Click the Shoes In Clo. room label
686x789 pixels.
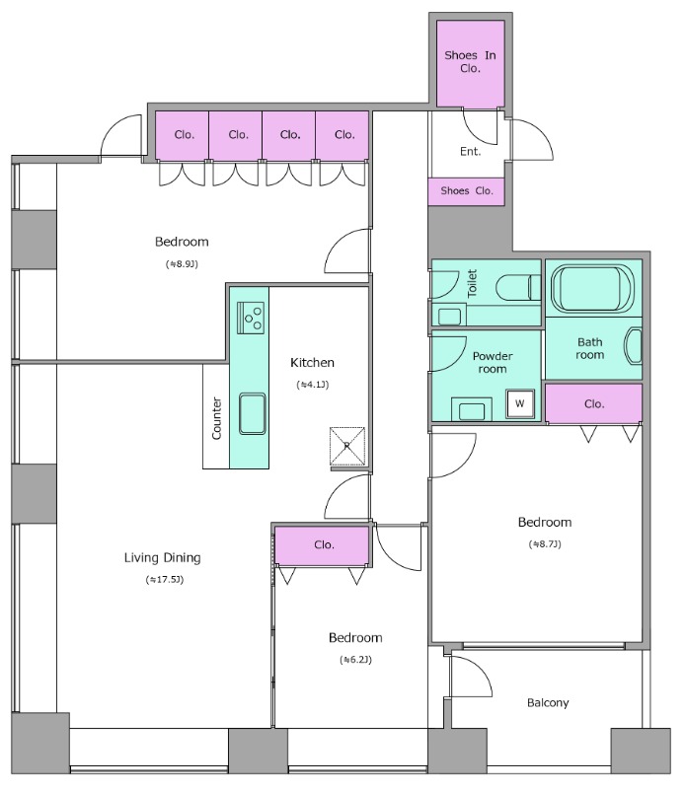(470, 61)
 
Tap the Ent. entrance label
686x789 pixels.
(470, 152)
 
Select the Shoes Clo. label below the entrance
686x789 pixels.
(467, 190)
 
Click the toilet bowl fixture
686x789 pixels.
(518, 288)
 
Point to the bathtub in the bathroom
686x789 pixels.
(593, 288)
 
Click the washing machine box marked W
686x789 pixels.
(520, 403)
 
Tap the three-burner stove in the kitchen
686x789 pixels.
(251, 318)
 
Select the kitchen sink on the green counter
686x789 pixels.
(252, 413)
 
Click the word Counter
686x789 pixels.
(216, 418)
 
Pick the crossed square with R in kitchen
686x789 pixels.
(347, 447)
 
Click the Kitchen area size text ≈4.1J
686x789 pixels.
(313, 385)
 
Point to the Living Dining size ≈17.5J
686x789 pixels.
(165, 580)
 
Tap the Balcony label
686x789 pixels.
(548, 703)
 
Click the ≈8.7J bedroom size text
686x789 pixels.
(545, 544)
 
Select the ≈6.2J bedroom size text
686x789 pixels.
(355, 660)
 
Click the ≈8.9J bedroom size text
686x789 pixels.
(182, 263)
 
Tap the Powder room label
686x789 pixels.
(493, 362)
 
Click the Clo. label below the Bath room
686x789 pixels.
(594, 404)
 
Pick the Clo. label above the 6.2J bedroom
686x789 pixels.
(324, 545)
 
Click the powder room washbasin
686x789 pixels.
(472, 409)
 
